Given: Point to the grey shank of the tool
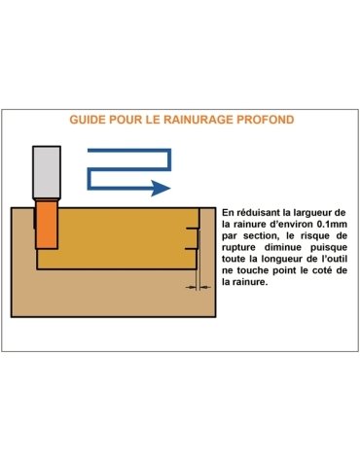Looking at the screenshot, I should point(46,175).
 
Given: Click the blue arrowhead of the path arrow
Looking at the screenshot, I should point(163,188).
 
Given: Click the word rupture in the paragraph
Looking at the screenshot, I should point(244,258).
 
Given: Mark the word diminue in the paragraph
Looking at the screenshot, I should point(289,258).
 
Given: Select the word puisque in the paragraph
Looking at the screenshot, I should point(329,258).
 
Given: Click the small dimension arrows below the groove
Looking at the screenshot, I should point(198,288).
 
